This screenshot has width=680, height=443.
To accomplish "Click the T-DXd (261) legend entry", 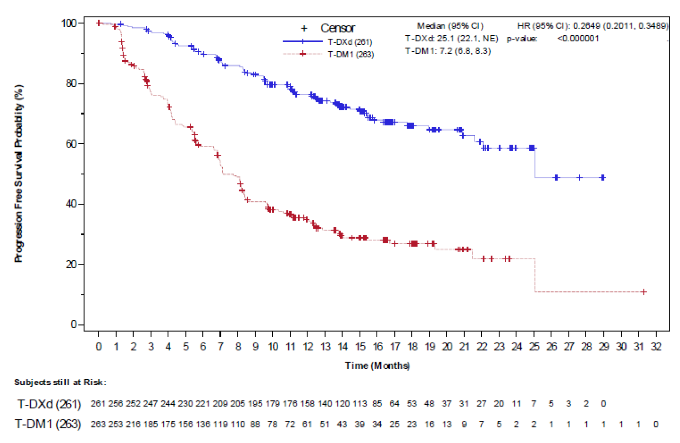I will click(350, 42).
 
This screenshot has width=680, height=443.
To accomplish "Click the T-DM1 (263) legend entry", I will click(351, 54).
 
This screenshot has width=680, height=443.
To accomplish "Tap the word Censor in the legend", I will click(337, 28).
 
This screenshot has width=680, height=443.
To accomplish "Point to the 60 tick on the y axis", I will click(71, 144).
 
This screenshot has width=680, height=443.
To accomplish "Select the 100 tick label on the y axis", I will click(69, 23).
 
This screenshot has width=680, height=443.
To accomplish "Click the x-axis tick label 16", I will click(377, 347).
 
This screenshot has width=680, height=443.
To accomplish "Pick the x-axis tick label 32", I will click(656, 347).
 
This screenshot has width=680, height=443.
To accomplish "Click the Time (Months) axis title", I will click(377, 366).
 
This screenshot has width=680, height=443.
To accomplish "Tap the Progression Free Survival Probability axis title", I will click(18, 173).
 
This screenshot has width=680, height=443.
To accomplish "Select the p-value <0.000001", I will click(578, 39).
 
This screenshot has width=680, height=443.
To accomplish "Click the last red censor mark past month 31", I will click(644, 292).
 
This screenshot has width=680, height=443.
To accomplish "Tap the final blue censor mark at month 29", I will click(603, 177).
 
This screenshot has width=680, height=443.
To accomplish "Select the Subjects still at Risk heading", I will click(60, 382).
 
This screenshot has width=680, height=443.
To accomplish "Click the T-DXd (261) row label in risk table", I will click(49, 404).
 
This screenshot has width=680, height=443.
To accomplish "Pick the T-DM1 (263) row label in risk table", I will click(48, 424).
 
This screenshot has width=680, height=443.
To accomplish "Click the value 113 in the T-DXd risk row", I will click(360, 404).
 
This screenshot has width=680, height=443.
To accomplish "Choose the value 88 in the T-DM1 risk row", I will click(255, 424).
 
